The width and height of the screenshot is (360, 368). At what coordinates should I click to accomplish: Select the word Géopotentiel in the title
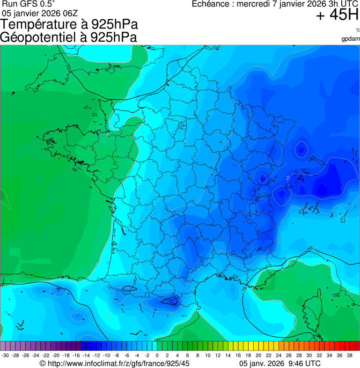tap(40, 37)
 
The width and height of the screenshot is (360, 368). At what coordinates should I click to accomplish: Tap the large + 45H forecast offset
tap(337, 15)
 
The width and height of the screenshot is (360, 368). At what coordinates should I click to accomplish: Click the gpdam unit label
tap(351, 38)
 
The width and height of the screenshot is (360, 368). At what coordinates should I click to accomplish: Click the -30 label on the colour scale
tap(5, 355)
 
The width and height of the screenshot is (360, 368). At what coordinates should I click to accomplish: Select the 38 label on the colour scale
tap(350, 355)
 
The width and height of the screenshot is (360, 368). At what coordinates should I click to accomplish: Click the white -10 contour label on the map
tap(289, 178)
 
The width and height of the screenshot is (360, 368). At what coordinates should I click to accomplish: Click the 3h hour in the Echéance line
tap(319, 4)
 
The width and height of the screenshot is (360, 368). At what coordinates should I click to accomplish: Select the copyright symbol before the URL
tap(42, 363)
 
